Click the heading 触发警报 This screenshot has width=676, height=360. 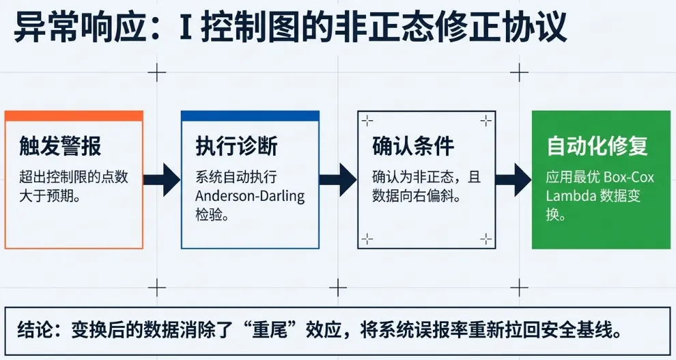[x=61, y=147]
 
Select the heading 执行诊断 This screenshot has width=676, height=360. [x=237, y=147]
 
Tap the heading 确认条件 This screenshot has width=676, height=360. [x=413, y=147]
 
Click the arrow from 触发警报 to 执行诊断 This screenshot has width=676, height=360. [x=162, y=180]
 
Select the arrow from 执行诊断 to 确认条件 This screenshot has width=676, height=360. [x=338, y=180]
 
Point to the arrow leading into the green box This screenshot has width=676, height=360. [x=513, y=180]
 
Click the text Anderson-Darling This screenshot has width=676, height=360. [x=250, y=196]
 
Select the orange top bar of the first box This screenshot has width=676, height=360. [x=74, y=116]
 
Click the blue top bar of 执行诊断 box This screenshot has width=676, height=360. [x=250, y=116]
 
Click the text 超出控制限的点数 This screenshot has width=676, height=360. [x=74, y=178]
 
